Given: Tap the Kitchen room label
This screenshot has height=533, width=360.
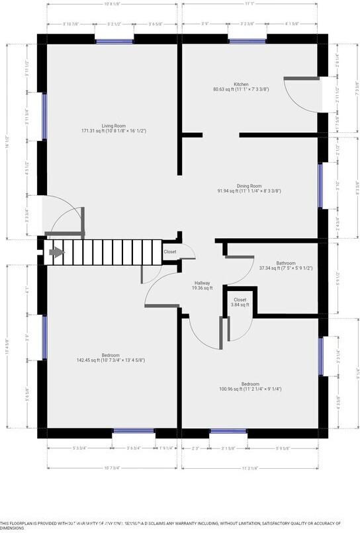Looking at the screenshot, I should pyautogui.click(x=240, y=87).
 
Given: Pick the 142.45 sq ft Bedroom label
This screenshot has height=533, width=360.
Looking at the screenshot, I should pyautogui.click(x=110, y=357).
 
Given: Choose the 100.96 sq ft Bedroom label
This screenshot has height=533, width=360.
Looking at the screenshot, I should pyautogui.click(x=249, y=386).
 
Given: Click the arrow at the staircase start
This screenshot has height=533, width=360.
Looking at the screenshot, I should pyautogui.click(x=56, y=252).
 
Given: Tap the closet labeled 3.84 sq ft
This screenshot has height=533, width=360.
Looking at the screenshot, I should pyautogui.click(x=240, y=302).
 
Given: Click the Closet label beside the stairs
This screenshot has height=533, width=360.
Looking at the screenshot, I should pyautogui.click(x=170, y=252).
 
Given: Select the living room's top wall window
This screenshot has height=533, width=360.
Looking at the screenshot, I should pyautogui.click(x=114, y=41).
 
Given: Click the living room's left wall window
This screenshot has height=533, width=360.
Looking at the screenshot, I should pyautogui.click(x=44, y=116).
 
